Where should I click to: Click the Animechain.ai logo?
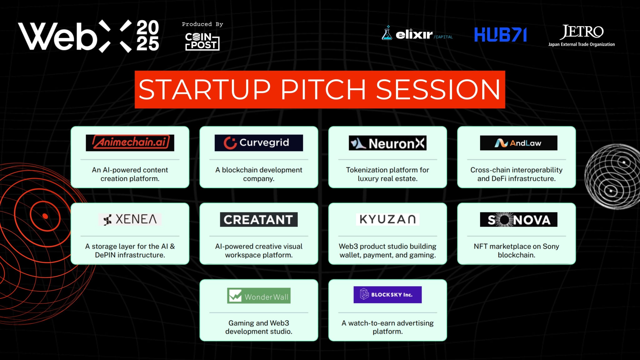pyautogui.click(x=130, y=143)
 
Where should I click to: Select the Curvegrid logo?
pyautogui.click(x=259, y=143)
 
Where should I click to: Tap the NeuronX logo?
pyautogui.click(x=387, y=143)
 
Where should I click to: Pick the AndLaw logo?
pyautogui.click(x=519, y=143)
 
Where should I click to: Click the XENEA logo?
pyautogui.click(x=130, y=219)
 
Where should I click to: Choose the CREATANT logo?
pyautogui.click(x=259, y=219)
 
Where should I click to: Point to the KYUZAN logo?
pyautogui.click(x=387, y=219)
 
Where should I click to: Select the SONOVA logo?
pyautogui.click(x=519, y=219)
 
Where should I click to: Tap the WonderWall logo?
pyautogui.click(x=259, y=296)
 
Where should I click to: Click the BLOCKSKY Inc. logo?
pyautogui.click(x=387, y=295)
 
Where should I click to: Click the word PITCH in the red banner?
pyautogui.click(x=323, y=90)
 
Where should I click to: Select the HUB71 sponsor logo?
pyautogui.click(x=501, y=35)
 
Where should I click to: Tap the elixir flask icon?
pyautogui.click(x=387, y=33)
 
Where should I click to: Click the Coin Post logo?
pyautogui.click(x=202, y=41)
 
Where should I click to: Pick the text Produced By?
pyautogui.click(x=202, y=24)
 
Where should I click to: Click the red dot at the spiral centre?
pyautogui.click(x=45, y=216)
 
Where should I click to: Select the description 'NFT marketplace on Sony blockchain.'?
pyautogui.click(x=517, y=251)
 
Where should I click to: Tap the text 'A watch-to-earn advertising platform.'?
pyautogui.click(x=387, y=327)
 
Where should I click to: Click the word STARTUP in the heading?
pyautogui.click(x=205, y=90)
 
